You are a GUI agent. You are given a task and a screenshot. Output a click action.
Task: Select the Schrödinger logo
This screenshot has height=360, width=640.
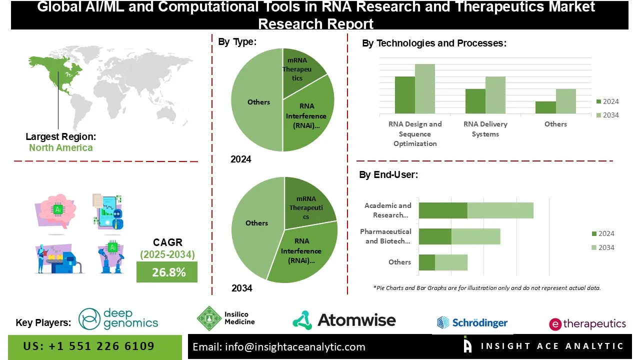click(472, 322)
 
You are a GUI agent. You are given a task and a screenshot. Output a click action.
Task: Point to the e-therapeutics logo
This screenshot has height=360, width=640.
click(587, 324)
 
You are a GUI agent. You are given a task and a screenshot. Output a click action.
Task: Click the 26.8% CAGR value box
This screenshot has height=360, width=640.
click(167, 272)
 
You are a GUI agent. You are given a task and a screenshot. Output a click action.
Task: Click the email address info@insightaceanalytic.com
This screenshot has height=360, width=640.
click(279, 347)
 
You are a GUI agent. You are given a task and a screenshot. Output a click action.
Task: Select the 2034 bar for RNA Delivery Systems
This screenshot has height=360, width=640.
click(495, 95)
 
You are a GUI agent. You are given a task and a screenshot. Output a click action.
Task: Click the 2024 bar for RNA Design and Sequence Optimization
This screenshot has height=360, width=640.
click(405, 95)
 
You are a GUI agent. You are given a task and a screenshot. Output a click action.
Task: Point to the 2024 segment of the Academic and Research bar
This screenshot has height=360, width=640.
click(443, 210)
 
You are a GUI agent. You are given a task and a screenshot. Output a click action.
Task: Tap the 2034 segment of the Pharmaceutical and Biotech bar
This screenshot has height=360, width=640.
click(475, 236)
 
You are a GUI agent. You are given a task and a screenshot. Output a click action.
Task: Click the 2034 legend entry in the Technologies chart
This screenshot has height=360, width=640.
click(607, 115)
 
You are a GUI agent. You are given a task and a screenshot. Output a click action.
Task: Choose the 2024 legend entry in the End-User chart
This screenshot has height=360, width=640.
click(602, 233)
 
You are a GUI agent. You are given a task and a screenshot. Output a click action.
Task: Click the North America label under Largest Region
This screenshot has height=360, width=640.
click(60, 147)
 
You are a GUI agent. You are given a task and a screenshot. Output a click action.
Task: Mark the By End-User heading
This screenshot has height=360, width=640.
click(388, 175)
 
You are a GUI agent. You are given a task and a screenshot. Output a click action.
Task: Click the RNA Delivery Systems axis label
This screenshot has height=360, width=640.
click(485, 129)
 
